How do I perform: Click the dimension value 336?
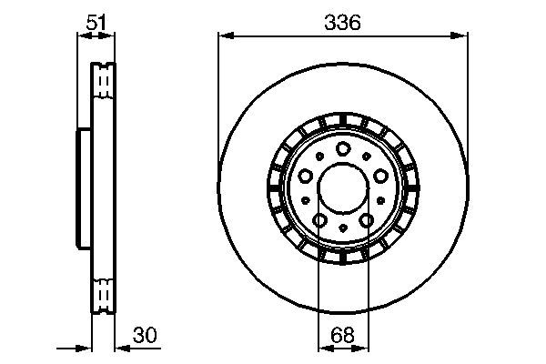pyautogui.click(x=343, y=23)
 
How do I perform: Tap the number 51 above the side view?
pyautogui.click(x=94, y=23)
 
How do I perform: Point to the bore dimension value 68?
pyautogui.click(x=342, y=335)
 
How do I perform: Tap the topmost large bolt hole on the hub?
pyautogui.click(x=342, y=149)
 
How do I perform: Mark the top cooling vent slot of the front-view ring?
pyautogui.click(x=342, y=117)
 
